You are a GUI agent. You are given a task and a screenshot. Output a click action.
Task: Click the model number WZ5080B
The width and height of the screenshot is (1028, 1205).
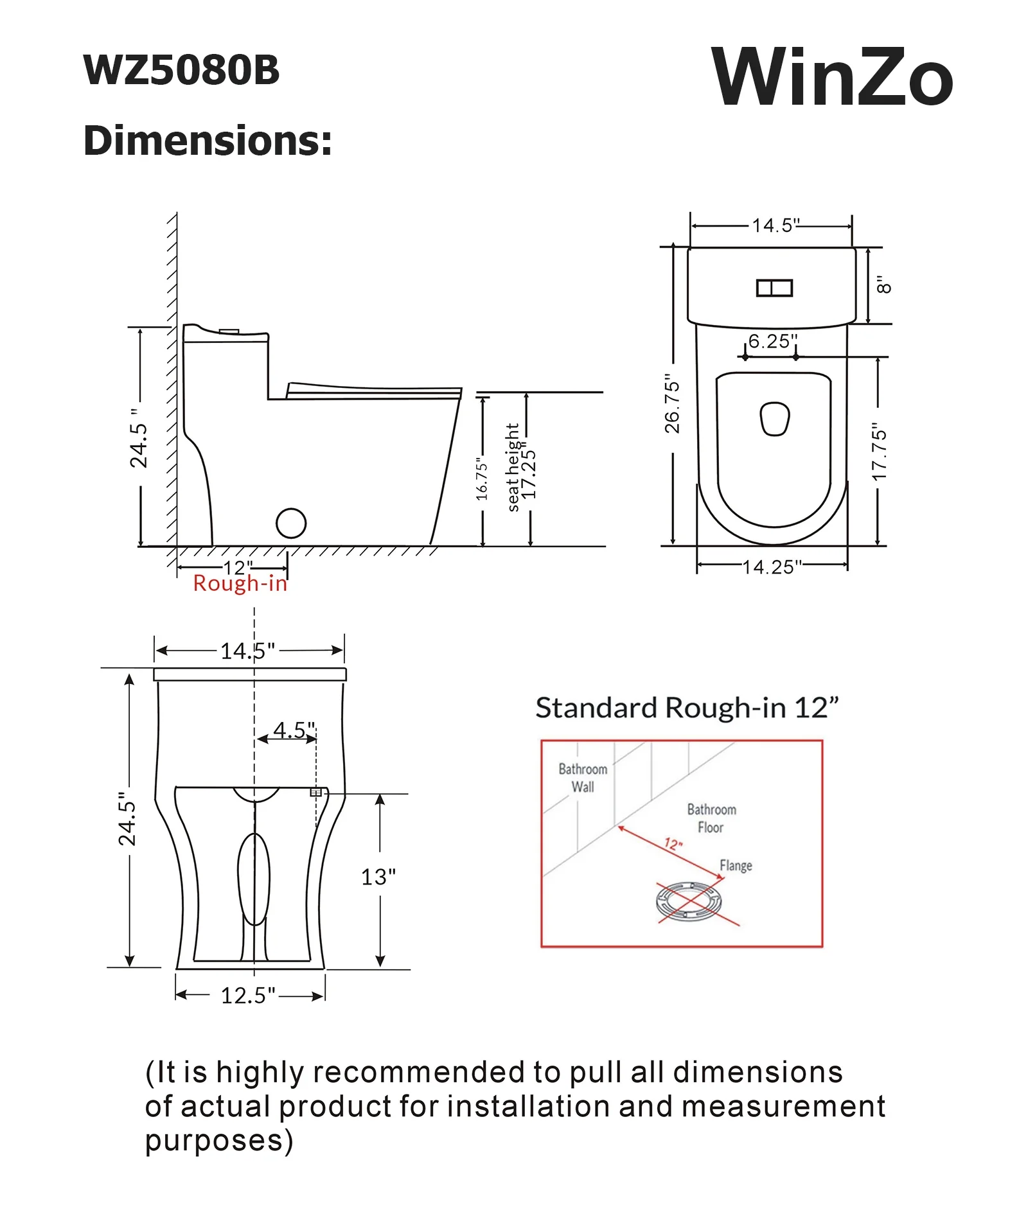[x=181, y=69]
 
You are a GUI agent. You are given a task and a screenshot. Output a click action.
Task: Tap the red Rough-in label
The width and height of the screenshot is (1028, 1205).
[x=240, y=583]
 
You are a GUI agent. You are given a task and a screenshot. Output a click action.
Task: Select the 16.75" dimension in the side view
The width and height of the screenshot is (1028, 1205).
[x=482, y=479]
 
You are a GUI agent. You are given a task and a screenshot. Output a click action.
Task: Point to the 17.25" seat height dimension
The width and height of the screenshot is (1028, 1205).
[x=528, y=474]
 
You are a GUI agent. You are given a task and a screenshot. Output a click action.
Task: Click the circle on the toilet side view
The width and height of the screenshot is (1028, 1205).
[x=291, y=523]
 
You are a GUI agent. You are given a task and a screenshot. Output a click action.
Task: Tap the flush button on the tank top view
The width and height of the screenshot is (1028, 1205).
[x=774, y=288]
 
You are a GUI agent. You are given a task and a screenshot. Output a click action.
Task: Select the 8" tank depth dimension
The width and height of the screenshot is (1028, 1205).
[x=884, y=285]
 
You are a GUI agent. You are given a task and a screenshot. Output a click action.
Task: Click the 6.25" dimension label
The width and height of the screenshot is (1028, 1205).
[x=773, y=341]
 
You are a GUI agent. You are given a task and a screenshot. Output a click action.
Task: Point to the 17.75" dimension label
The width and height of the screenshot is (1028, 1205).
[x=879, y=451]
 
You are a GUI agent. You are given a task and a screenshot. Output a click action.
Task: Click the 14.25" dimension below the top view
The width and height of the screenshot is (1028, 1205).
[x=772, y=567]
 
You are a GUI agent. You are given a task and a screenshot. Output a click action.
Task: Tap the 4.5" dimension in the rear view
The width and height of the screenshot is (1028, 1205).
[x=294, y=730]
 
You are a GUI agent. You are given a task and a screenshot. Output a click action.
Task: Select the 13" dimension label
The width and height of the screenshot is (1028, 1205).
[x=378, y=877]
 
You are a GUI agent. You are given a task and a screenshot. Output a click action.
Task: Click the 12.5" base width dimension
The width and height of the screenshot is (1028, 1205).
[x=248, y=995]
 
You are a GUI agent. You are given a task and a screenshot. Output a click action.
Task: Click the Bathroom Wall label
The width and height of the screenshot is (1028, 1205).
[x=583, y=777]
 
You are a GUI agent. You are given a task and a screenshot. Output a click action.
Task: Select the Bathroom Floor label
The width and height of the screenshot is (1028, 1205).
[x=711, y=818]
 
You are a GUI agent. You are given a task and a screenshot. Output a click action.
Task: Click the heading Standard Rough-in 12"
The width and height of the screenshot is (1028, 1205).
[x=687, y=708]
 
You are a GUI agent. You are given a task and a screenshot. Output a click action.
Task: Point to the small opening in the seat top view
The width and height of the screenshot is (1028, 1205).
[x=774, y=419]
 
